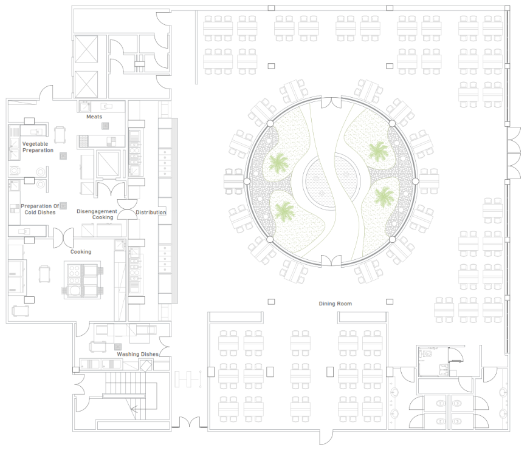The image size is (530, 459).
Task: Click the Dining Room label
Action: tap(335, 304)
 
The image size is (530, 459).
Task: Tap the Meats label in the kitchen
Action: tap(94, 117)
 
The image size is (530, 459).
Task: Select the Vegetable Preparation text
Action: tap(38, 147)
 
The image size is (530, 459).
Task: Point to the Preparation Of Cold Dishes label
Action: tap(40, 209)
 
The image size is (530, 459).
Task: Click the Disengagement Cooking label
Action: tap(97, 214)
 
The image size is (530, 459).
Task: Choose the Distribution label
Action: tap(151, 212)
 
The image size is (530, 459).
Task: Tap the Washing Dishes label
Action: tap(137, 354)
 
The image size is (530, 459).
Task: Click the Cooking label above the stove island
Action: tap(81, 251)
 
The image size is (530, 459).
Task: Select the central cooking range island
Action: tap(83, 280)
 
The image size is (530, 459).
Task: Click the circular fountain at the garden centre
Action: tap(330, 182)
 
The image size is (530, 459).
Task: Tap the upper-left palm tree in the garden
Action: tap(279, 163)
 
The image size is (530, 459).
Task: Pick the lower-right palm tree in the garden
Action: tap(384, 197)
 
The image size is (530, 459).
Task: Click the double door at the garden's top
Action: tap(331, 103)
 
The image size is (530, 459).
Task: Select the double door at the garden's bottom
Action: tap(331, 260)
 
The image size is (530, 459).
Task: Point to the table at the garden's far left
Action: tap(233, 182)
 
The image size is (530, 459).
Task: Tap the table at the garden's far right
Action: tap(428, 182)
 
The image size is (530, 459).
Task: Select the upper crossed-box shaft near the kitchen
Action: tap(86, 49)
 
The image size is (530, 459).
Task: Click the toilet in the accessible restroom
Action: tap(427, 355)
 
